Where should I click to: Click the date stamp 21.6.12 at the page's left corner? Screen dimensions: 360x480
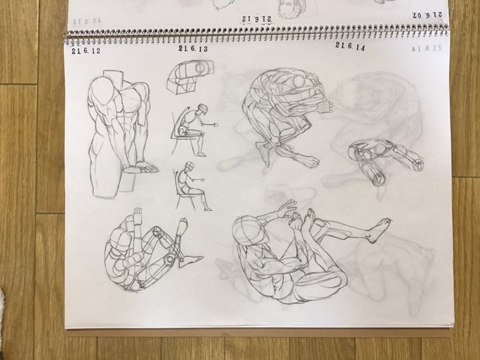coord(85,51)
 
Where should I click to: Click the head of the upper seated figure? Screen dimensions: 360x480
coord(203,109)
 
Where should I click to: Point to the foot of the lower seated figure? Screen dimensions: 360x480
coord(207,208)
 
